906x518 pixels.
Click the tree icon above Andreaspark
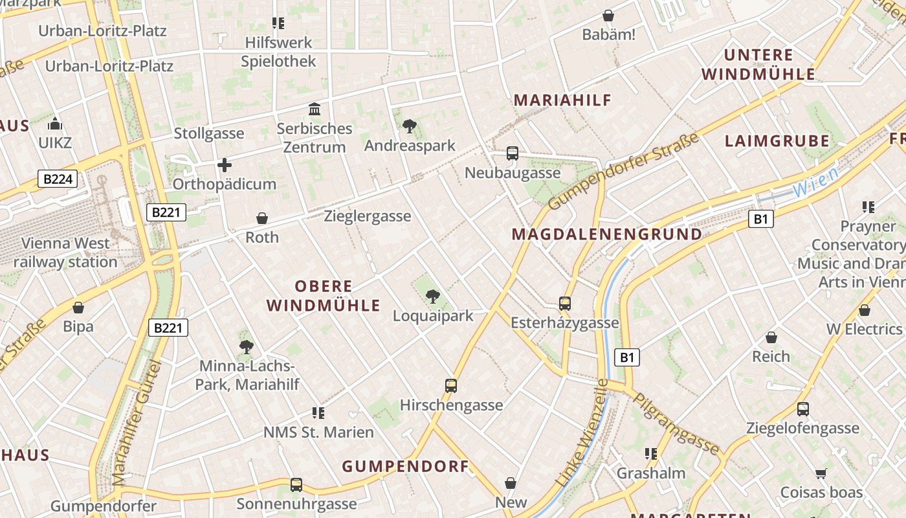[409, 126]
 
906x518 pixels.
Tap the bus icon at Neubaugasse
[513, 153]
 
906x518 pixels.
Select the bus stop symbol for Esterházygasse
[565, 303]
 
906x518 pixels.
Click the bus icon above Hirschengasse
[451, 386]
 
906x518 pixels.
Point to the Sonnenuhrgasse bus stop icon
[296, 484]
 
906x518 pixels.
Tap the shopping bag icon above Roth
[262, 218]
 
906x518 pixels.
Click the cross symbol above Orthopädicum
[225, 165]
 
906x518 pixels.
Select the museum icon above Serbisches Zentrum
[315, 109]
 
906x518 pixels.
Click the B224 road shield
[58, 179]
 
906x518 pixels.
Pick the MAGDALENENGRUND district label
[606, 234]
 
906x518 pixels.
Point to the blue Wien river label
[815, 182]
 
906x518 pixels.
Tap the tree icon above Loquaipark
[433, 297]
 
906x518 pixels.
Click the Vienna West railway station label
[65, 253]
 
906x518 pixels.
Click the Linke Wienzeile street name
[583, 433]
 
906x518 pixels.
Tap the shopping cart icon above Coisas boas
[821, 473]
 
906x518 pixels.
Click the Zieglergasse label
[368, 216]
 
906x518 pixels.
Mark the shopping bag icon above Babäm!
[608, 16]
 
